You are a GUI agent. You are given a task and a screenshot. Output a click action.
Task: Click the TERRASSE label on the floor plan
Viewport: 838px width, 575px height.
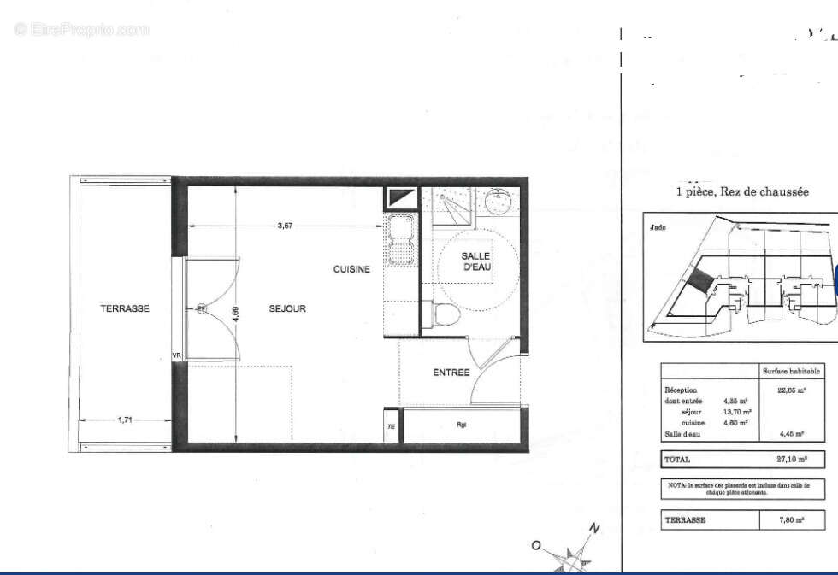pyautogui.click(x=125, y=308)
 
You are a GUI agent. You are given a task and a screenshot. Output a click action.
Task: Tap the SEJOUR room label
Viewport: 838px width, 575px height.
pyautogui.click(x=287, y=308)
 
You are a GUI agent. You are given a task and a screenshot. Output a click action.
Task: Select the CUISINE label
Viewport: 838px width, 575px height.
pyautogui.click(x=351, y=269)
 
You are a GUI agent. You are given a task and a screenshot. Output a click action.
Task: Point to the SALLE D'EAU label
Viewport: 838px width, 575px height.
pyautogui.click(x=476, y=261)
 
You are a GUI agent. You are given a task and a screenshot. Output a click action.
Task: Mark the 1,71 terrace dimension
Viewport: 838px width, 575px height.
pyautogui.click(x=125, y=420)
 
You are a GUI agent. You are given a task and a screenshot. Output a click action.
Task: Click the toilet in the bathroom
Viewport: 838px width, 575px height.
pyautogui.click(x=446, y=316)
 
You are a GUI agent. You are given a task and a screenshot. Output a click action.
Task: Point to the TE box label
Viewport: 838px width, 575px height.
pyautogui.click(x=391, y=427)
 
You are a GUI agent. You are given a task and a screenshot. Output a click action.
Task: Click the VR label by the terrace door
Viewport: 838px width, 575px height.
pyautogui.click(x=177, y=355)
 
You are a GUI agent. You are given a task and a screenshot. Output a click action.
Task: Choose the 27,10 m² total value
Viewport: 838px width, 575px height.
pyautogui.click(x=791, y=459)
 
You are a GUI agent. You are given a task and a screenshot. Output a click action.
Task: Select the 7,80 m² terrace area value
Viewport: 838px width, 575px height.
pyautogui.click(x=791, y=519)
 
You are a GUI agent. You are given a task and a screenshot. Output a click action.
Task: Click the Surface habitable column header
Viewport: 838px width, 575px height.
pyautogui.click(x=792, y=371)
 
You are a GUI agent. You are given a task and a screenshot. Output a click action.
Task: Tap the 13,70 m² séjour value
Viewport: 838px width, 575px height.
pyautogui.click(x=736, y=411)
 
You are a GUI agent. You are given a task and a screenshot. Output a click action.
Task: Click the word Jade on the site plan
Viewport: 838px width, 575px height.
pyautogui.click(x=657, y=227)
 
